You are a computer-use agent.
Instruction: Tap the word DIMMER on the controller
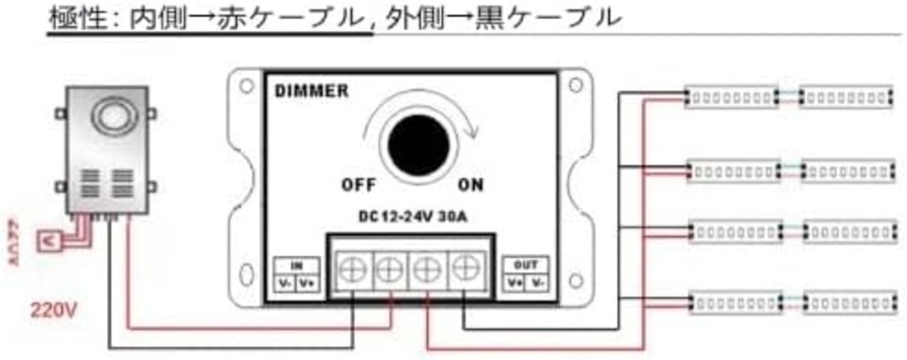(311, 91)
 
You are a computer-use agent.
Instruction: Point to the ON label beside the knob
(470, 186)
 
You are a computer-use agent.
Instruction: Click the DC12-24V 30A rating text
(409, 218)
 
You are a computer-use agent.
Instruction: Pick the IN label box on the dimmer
(296, 274)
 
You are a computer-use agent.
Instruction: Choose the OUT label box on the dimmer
(526, 274)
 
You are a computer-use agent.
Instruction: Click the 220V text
(53, 310)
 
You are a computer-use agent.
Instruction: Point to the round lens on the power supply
(110, 116)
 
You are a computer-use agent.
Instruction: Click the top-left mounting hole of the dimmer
(246, 86)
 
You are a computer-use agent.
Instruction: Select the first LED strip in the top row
(731, 97)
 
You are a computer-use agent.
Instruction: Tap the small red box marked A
(50, 241)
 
